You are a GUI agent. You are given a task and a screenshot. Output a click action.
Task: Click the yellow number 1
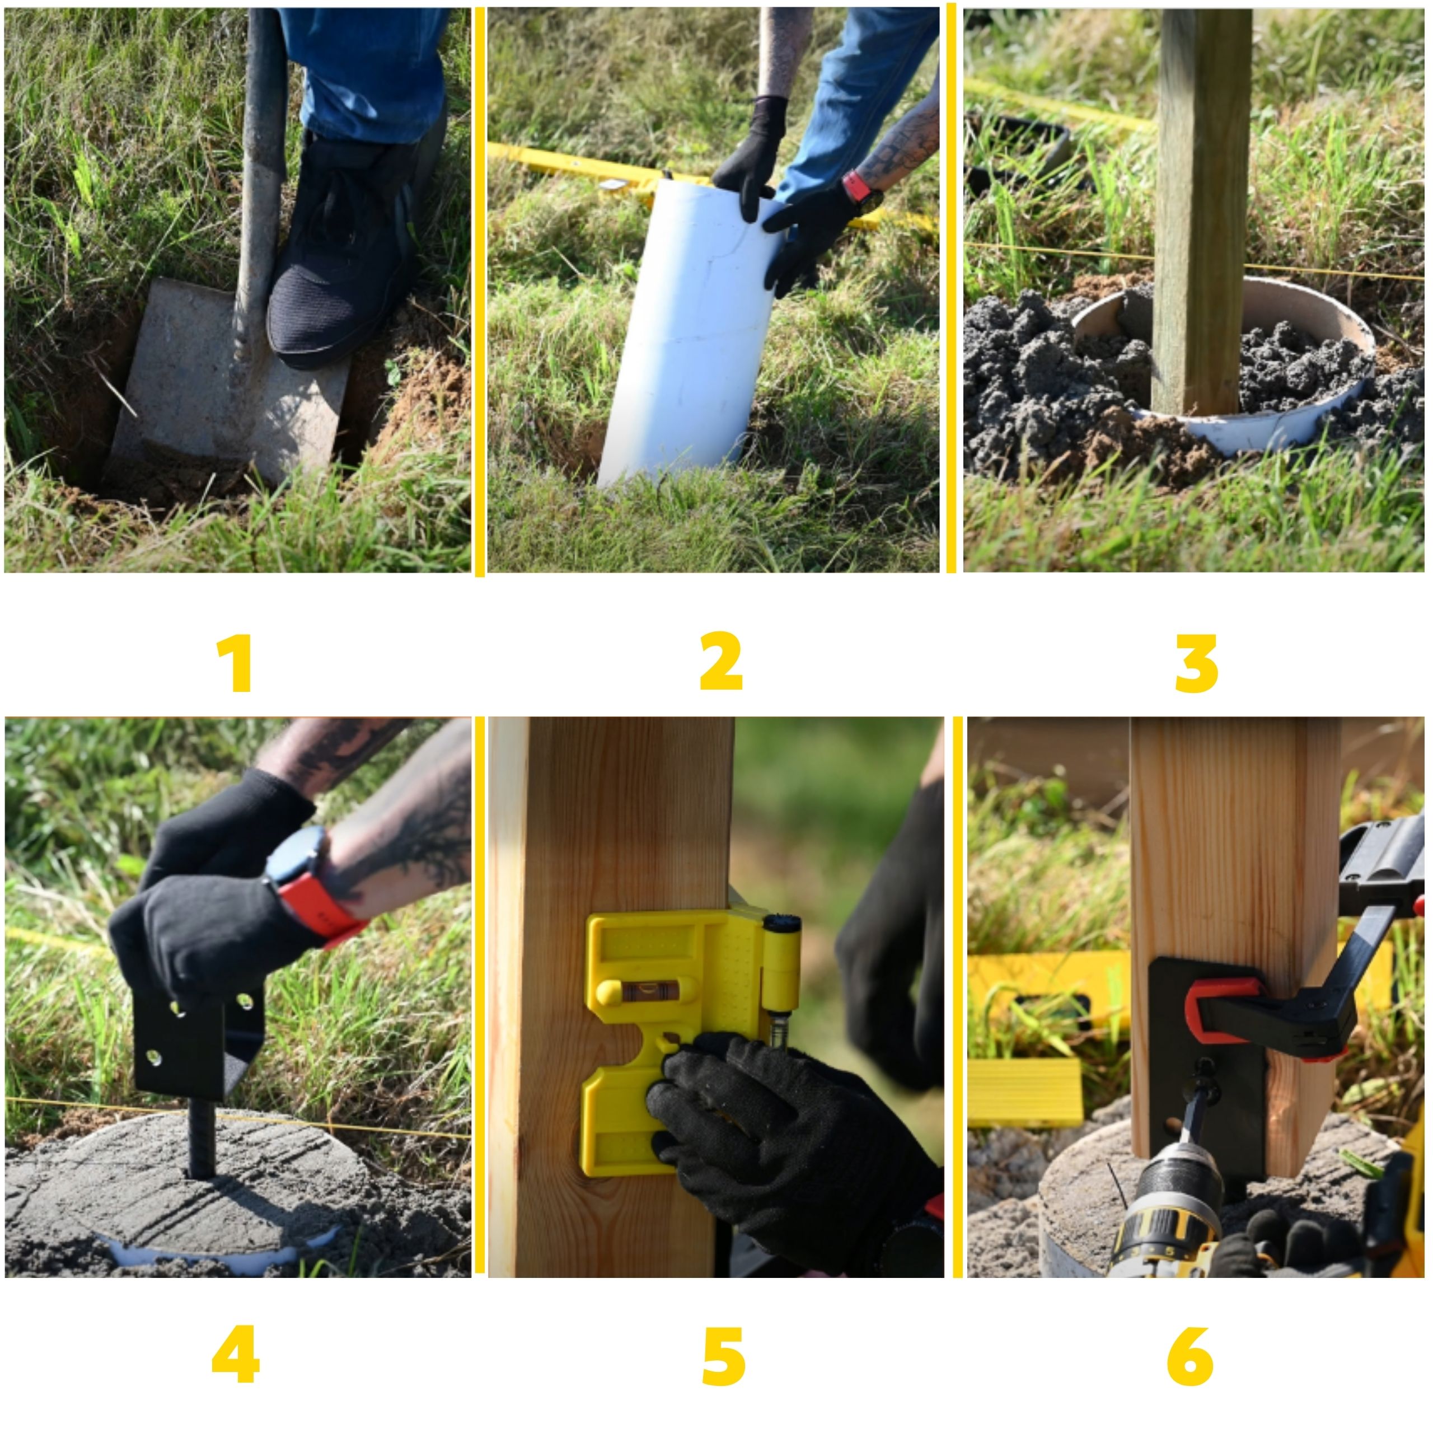pyautogui.click(x=236, y=664)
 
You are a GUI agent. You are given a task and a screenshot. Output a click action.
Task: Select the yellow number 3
pyautogui.click(x=1196, y=664)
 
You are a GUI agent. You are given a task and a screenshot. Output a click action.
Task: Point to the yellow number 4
pyautogui.click(x=235, y=1355)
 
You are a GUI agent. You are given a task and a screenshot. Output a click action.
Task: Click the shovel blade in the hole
pyautogui.click(x=226, y=382)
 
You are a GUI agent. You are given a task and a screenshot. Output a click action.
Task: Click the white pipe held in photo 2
pyautogui.click(x=694, y=334)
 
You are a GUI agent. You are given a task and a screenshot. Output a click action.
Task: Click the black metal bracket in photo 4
pyautogui.click(x=199, y=1038)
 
